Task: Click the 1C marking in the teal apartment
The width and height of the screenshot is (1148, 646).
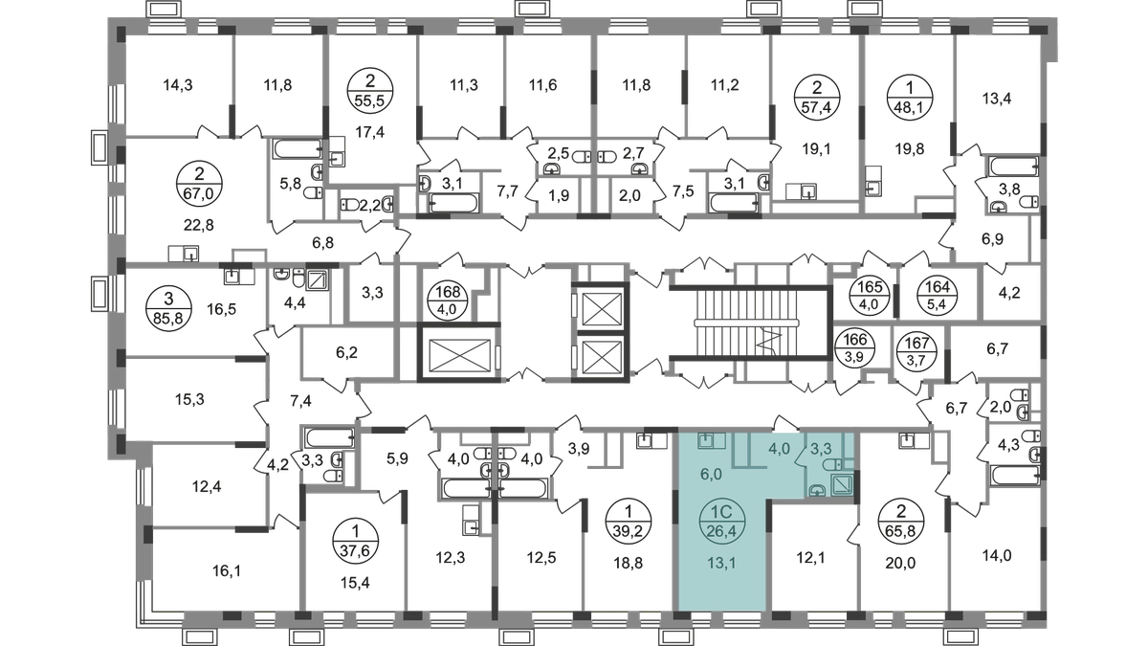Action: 724,510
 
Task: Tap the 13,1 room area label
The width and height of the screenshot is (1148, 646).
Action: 722,563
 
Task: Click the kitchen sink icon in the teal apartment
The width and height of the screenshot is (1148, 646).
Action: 707,441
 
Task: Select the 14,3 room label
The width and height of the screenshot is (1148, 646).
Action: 178,85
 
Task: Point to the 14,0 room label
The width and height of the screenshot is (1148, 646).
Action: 1000,552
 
